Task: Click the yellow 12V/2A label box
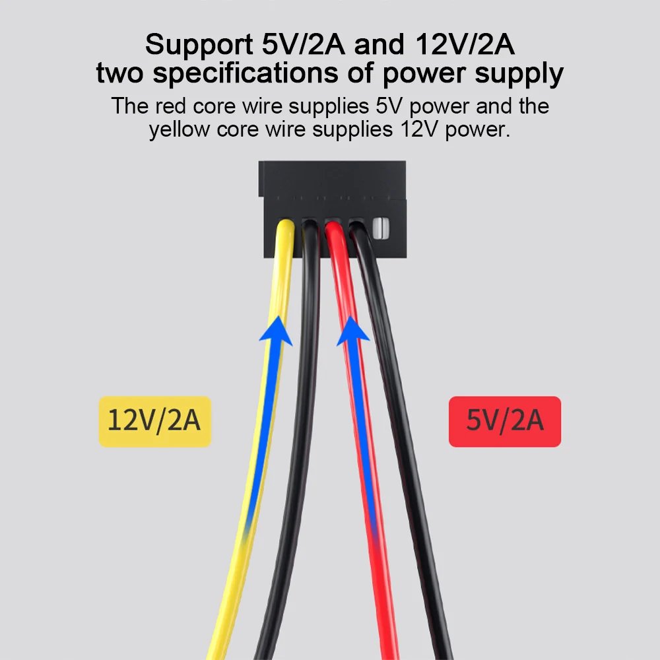click(x=154, y=421)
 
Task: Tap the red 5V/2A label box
click(x=504, y=421)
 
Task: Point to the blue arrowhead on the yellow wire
click(x=276, y=330)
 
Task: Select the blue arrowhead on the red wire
click(x=352, y=330)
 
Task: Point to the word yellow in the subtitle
click(x=183, y=129)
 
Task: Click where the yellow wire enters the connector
click(x=284, y=228)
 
